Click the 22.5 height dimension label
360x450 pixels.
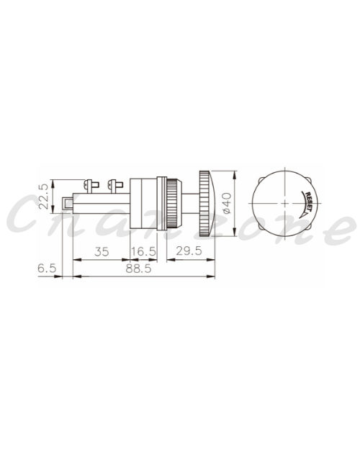44,197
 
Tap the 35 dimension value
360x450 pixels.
102,252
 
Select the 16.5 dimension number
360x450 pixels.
143,252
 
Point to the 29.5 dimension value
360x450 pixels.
189,251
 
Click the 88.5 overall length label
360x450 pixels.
138,269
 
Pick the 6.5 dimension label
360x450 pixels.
47,269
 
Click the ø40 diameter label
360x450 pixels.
227,203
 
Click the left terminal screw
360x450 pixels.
91,186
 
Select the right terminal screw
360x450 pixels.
114,186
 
